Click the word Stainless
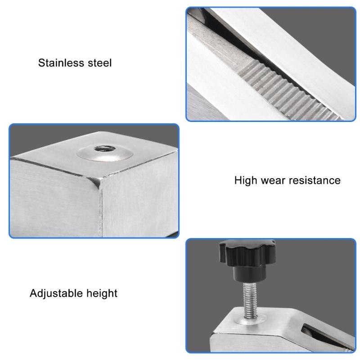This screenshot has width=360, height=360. pos(61,63)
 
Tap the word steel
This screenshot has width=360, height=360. pos(99,63)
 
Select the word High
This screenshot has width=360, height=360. pos(246,181)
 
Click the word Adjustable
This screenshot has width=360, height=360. pos(56,294)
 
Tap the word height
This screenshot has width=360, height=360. pos(102,294)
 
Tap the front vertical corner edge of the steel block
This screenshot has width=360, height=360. pos(100,207)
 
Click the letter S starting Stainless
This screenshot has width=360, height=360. pos(41,63)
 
